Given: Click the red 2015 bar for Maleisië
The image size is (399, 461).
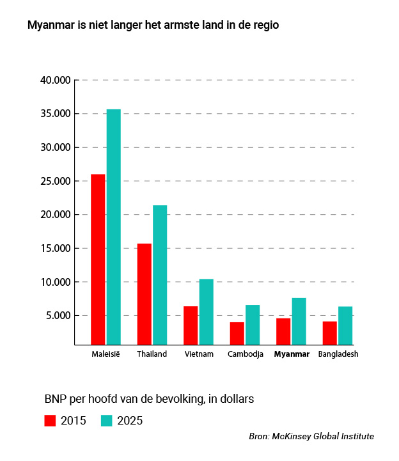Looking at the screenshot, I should click(x=98, y=259).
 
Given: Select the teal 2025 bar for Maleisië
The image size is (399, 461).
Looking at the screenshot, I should click(x=113, y=227).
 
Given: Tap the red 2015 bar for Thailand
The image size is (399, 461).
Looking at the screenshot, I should click(x=144, y=294).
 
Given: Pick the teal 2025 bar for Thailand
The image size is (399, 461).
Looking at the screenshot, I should click(x=159, y=275).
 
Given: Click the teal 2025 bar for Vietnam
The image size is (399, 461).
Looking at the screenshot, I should click(x=206, y=311).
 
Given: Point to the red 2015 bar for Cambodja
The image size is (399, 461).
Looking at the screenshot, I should click(x=237, y=333).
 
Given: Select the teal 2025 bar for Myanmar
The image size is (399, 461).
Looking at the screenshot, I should click(x=299, y=321).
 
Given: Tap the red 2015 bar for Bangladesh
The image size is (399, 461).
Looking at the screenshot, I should click(x=329, y=332).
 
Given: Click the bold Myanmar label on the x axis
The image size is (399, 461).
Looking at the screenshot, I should click(x=292, y=354).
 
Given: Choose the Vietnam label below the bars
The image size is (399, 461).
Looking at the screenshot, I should click(x=198, y=354).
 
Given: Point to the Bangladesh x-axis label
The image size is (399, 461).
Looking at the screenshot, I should click(x=338, y=354).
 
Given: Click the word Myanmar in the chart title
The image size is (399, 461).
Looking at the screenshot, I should click(x=51, y=27).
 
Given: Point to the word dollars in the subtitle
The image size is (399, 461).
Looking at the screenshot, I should click(x=234, y=399).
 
